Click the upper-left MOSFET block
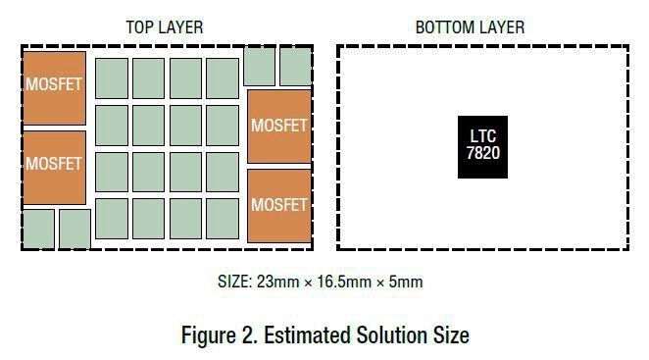[x=54, y=86]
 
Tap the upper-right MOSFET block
[x=279, y=126]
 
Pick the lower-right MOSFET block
[x=279, y=205]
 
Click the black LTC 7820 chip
[x=483, y=146]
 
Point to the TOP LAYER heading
[x=165, y=27]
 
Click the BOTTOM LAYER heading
[x=470, y=27]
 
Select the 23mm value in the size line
[x=277, y=283]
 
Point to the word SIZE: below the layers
[x=235, y=283]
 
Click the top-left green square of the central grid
[x=112, y=78]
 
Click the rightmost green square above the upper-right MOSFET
[x=295, y=66]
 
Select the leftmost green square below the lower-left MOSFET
[x=38, y=229]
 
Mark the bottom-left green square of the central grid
[x=112, y=219]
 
